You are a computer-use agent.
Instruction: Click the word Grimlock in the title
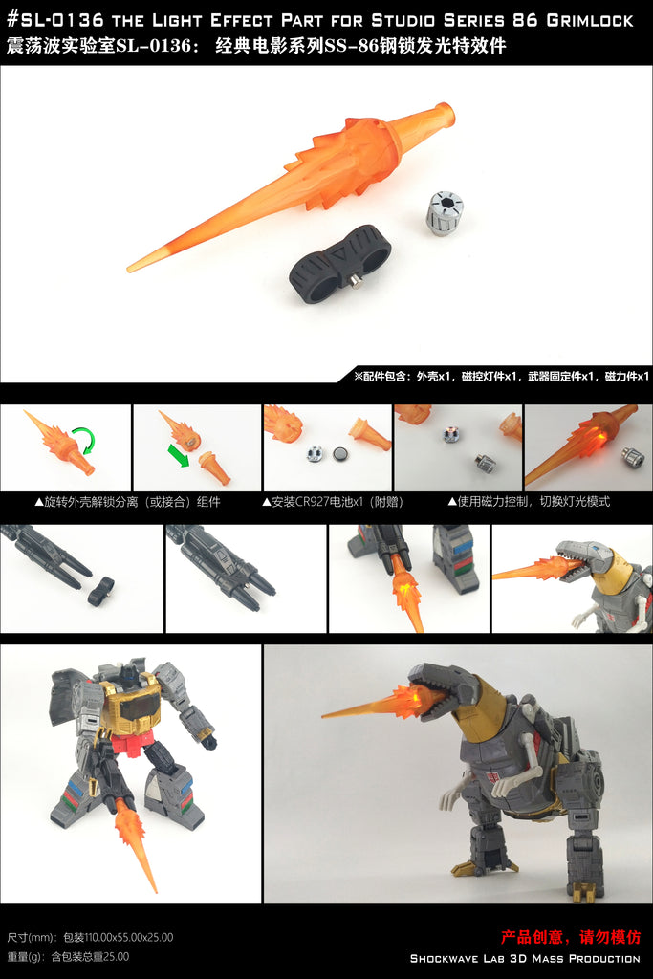click(589, 21)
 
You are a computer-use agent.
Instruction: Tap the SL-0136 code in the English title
click(55, 20)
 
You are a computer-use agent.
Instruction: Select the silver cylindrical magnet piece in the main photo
click(446, 214)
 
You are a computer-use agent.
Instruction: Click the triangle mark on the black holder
click(341, 257)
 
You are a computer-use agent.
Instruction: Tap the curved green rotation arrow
click(83, 439)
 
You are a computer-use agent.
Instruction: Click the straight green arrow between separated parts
click(179, 454)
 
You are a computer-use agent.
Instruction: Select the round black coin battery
click(341, 453)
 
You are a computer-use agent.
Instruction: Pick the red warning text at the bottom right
click(571, 937)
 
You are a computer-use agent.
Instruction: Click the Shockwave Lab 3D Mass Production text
click(525, 958)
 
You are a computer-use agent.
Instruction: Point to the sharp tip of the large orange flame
click(130, 269)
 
